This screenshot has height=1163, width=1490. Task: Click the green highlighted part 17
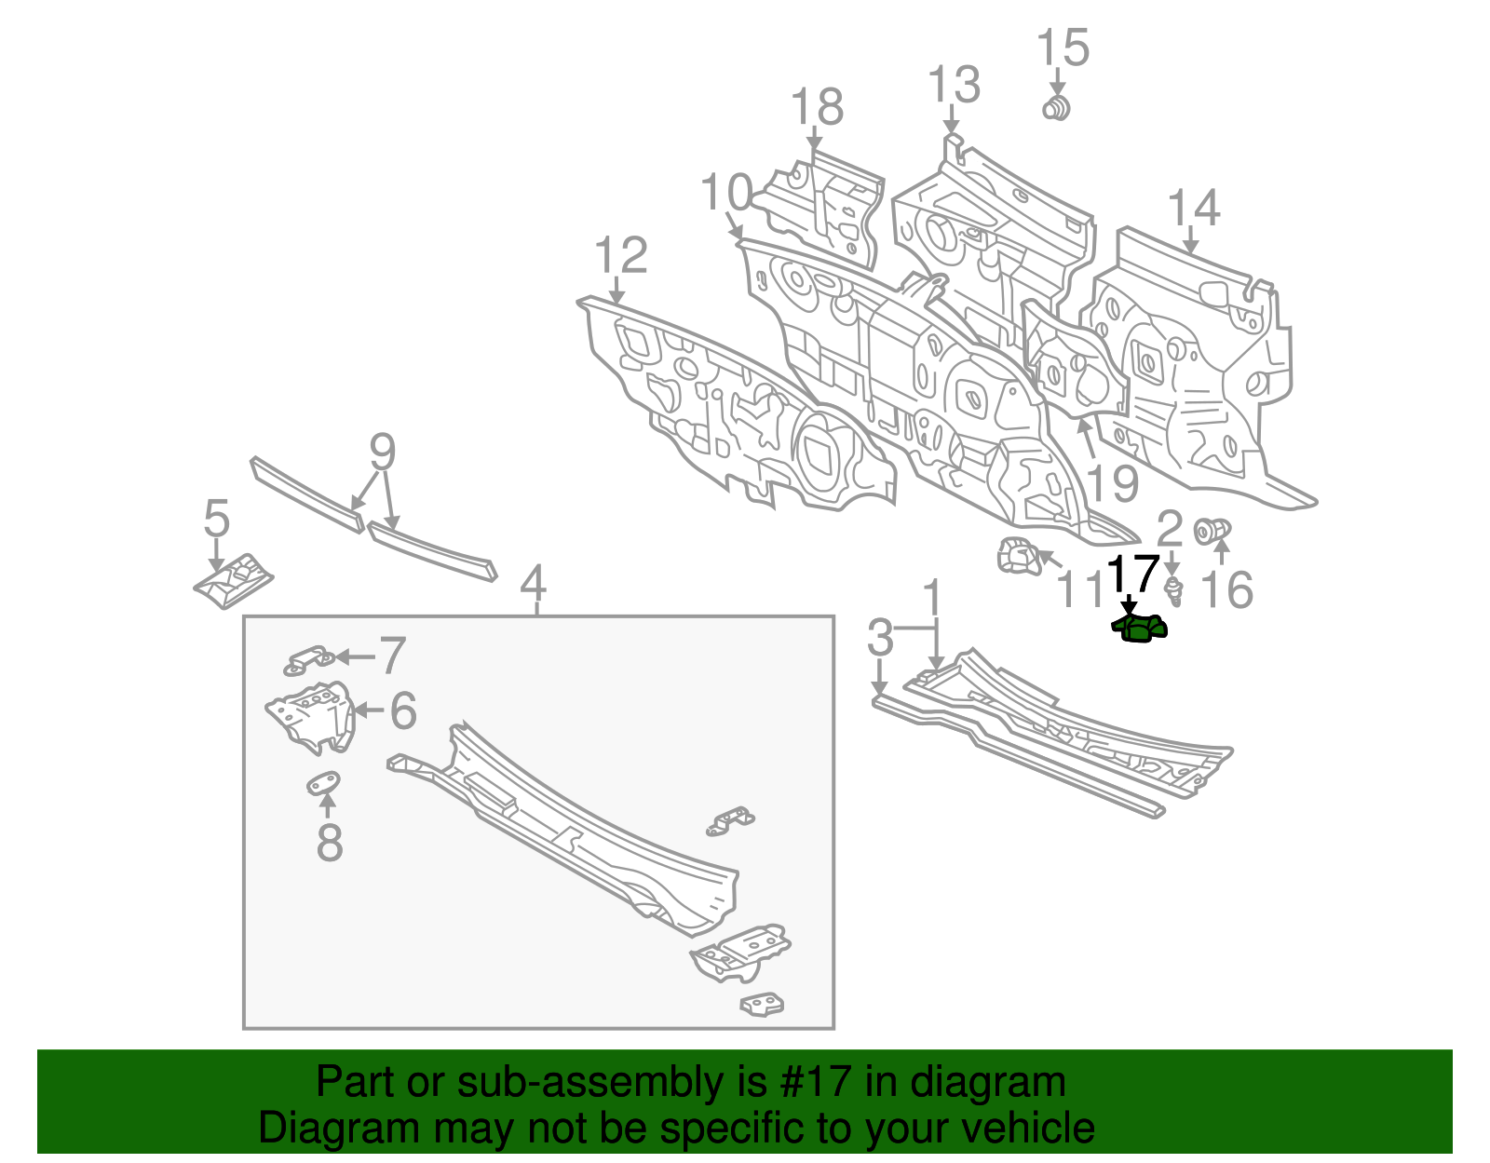1140,629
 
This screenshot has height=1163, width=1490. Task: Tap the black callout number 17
1133,574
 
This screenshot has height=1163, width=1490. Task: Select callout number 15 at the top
1063,47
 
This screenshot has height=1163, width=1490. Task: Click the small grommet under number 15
1056,108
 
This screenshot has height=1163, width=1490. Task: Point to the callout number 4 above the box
533,584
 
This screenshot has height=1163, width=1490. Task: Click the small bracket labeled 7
309,659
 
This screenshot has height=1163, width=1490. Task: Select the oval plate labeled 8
323,783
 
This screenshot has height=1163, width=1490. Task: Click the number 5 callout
216,518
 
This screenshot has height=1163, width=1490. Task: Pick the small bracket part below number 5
233,581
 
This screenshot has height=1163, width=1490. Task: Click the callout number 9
382,453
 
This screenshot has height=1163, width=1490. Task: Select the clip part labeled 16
1212,531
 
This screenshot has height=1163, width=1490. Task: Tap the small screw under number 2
1174,589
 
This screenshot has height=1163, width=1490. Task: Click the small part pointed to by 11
1017,558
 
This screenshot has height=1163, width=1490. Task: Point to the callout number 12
621,254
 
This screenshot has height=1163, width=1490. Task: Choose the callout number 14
1193,208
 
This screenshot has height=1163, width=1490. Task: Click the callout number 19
1112,484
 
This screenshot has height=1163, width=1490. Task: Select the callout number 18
818,107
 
